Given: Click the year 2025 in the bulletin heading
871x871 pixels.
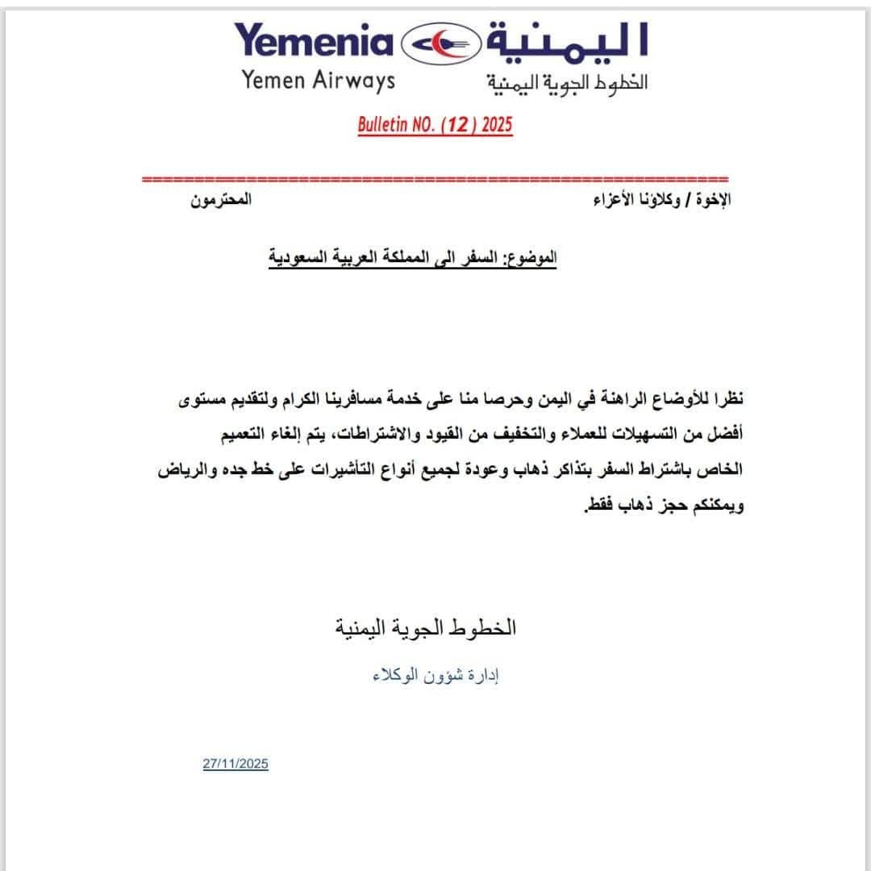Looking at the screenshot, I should [x=495, y=125].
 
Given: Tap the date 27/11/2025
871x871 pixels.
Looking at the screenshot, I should [x=235, y=764].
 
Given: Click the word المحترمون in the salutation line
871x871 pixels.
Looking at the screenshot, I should [x=221, y=199].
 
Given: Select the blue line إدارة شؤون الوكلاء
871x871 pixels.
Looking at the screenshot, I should [x=435, y=676].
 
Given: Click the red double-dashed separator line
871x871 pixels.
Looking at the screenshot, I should [x=435, y=179].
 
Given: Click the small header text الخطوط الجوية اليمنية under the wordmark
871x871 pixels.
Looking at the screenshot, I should [x=567, y=82].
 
